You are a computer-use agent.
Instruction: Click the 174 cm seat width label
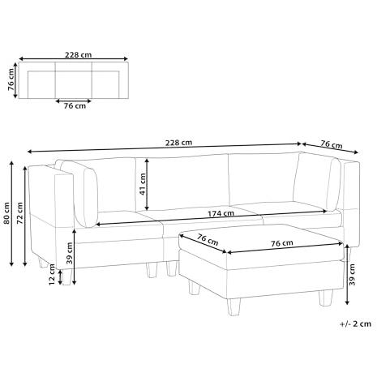(x=221, y=213)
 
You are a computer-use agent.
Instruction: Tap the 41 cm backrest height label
(x=143, y=184)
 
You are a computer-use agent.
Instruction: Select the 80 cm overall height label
(x=6, y=213)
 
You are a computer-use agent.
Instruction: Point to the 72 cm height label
(x=20, y=213)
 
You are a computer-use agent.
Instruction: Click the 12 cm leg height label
(x=52, y=274)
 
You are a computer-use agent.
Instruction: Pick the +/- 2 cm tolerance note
(x=355, y=323)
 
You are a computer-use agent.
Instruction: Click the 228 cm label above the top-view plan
(x=78, y=55)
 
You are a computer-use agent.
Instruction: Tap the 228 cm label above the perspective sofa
(x=178, y=143)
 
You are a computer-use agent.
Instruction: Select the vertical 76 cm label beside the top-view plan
(x=11, y=79)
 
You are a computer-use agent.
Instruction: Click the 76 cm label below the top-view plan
(x=75, y=105)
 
